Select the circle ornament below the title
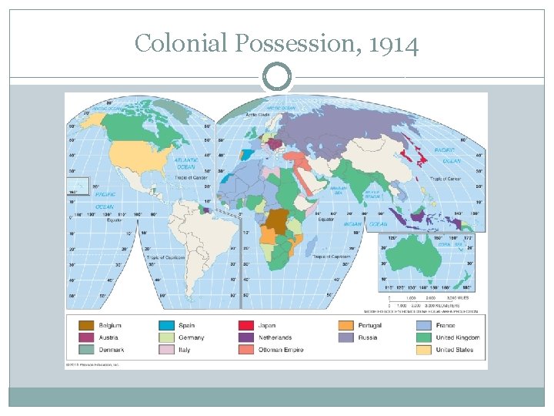pos(277,76)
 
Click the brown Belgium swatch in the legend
pos(86,325)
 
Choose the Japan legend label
pos(266,325)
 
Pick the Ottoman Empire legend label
pos(280,350)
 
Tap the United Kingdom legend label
pos(457,337)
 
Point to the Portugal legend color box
pos(346,325)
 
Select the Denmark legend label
pos(112,350)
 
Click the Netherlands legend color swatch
pos(245,337)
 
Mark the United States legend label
pos(455,350)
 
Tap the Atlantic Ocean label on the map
pos(186,164)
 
